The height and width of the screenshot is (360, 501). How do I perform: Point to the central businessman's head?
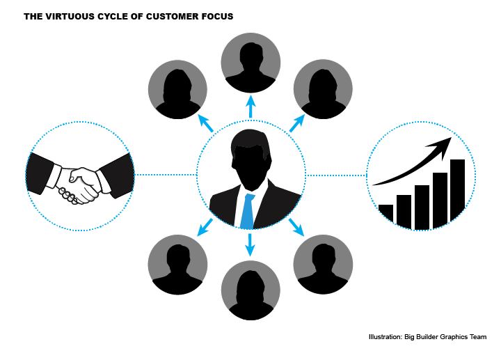250,157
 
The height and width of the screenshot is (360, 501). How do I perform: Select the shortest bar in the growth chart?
386,215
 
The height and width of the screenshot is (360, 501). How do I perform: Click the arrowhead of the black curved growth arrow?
448,143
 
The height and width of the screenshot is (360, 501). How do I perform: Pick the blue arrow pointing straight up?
250,108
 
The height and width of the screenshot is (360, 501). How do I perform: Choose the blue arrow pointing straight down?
250,243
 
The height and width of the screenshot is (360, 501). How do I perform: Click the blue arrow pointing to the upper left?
205,123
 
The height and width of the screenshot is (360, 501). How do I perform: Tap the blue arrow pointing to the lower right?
295,226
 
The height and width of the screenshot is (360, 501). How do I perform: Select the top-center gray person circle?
250,62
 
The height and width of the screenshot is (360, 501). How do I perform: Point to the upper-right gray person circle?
322,89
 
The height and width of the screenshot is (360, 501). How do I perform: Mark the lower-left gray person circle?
177,265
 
